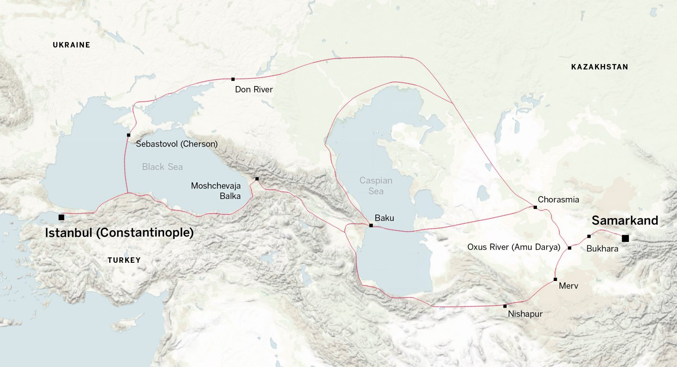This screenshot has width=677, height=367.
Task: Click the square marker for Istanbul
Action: coord(61,217)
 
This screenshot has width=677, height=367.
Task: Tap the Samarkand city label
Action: coord(625,220)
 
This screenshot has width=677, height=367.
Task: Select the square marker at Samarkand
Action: coord(625,239)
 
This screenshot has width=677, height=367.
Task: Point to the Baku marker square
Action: coord(371,225)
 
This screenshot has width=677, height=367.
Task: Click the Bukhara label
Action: coord(602,249)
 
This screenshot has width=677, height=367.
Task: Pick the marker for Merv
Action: coord(555,279)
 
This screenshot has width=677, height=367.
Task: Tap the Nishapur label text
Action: coord(525,314)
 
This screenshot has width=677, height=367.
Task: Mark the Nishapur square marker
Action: coord(505,306)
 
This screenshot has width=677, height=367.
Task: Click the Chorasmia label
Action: coord(558,200)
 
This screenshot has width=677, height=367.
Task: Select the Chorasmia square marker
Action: coord(535,207)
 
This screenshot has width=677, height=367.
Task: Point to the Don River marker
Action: coord(233,79)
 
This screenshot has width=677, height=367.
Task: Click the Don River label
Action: coord(254,89)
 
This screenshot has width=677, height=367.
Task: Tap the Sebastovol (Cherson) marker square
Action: coord(129,135)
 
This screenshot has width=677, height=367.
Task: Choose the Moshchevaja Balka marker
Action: coord(257,179)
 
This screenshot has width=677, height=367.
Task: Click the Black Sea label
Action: coord(162,167)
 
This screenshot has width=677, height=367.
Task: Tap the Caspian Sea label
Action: coord(376,186)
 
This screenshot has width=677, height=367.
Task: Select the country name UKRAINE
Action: coord(72,45)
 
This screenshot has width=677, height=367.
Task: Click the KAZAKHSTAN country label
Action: coord(600,67)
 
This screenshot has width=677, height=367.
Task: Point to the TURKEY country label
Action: coord(124,260)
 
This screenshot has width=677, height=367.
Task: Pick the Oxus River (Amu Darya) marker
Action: coord(570,248)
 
